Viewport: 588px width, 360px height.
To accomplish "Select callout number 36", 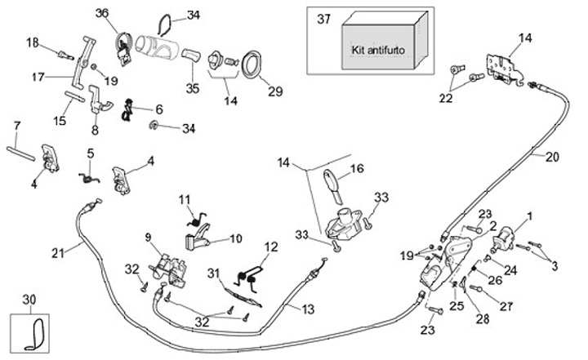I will (101, 13).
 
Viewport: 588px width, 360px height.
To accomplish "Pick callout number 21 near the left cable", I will (56, 252).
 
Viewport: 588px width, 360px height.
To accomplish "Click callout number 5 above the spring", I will (90, 153).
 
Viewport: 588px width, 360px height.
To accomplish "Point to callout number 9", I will (148, 237).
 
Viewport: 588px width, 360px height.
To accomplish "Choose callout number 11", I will (185, 198).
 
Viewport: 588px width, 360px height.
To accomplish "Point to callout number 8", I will (95, 129).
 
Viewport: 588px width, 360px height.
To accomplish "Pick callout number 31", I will (212, 272).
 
